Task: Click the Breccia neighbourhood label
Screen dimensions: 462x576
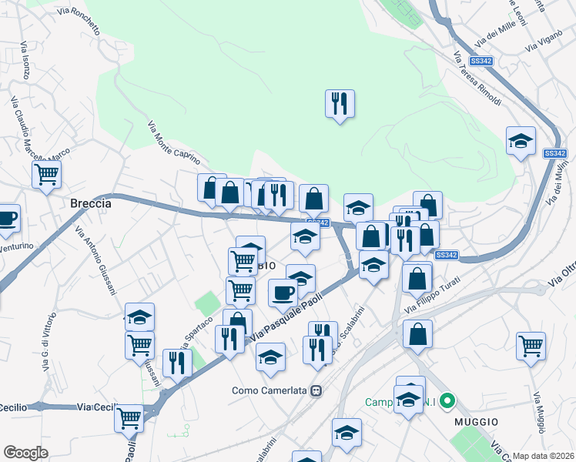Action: pos(91,204)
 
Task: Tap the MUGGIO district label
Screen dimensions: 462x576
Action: pos(476,422)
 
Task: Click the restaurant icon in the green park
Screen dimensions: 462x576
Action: pos(340,102)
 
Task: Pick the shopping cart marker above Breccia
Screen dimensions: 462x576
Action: pos(47,175)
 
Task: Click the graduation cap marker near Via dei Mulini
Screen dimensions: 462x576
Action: pos(521,142)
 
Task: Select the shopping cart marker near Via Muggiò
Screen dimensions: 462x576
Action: pos(531,346)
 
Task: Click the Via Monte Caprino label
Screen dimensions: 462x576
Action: pos(173,144)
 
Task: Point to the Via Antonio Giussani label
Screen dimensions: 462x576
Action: pos(95,259)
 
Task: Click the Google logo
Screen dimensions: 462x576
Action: pos(25,452)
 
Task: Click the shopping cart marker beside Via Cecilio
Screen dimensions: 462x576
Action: pos(129,418)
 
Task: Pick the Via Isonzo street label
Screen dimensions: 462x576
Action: pos(25,61)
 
